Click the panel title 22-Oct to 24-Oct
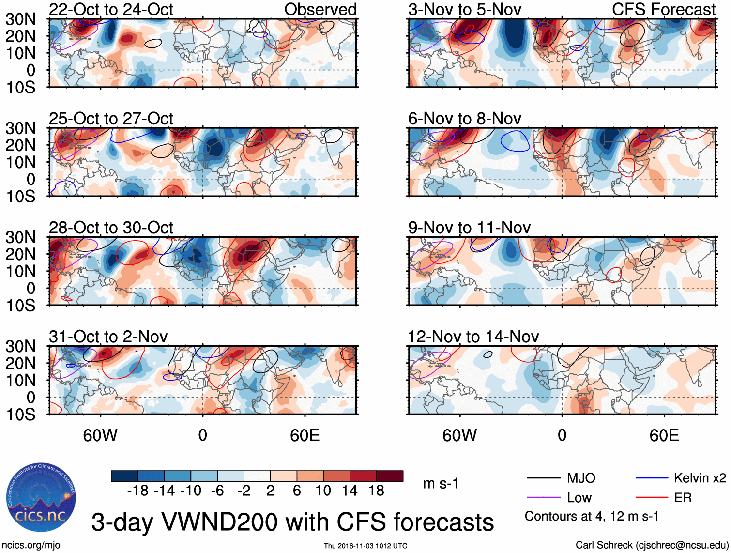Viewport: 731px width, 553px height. click(111, 10)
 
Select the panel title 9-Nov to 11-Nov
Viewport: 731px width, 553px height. click(469, 228)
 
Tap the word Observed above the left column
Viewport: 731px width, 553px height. click(320, 10)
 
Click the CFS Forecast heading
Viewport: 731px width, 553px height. click(663, 10)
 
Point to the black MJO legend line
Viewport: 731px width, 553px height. click(543, 478)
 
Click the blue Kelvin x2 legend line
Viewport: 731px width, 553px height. click(652, 478)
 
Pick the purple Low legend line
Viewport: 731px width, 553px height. click(543, 498)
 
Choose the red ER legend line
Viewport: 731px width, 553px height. click(652, 498)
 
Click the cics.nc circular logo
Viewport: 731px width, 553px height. click(41, 498)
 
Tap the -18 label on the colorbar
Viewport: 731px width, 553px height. click(138, 491)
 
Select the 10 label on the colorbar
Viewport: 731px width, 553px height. click(323, 491)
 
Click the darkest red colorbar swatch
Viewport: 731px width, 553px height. click(390, 476)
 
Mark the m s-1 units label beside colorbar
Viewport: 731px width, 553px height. click(441, 484)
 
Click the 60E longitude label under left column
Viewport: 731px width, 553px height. click(305, 436)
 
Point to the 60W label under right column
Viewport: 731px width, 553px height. click(459, 436)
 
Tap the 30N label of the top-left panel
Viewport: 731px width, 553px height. click(21, 19)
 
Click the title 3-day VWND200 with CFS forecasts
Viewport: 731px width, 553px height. click(292, 522)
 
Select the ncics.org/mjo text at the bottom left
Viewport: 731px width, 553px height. click(31, 545)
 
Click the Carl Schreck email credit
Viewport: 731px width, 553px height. click(652, 545)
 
